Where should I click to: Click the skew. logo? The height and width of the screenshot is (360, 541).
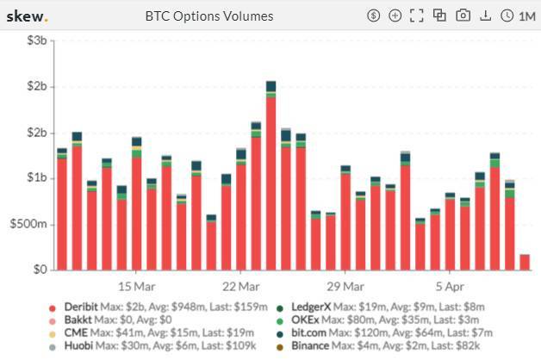(x=27, y=16)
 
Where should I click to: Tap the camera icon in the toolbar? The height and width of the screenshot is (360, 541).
(x=463, y=16)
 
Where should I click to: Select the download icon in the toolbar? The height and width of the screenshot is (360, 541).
(x=485, y=16)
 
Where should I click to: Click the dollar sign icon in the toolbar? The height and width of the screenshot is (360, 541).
(x=373, y=16)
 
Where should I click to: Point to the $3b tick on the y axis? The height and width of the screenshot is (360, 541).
(x=35, y=41)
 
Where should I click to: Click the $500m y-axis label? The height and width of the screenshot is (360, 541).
(x=28, y=224)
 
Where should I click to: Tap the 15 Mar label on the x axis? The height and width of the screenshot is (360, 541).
(x=137, y=285)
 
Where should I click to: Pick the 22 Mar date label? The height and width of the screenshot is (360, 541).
(x=241, y=285)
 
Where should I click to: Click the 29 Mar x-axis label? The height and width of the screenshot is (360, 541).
(x=345, y=285)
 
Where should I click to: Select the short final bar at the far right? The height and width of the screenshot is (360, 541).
(x=524, y=262)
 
